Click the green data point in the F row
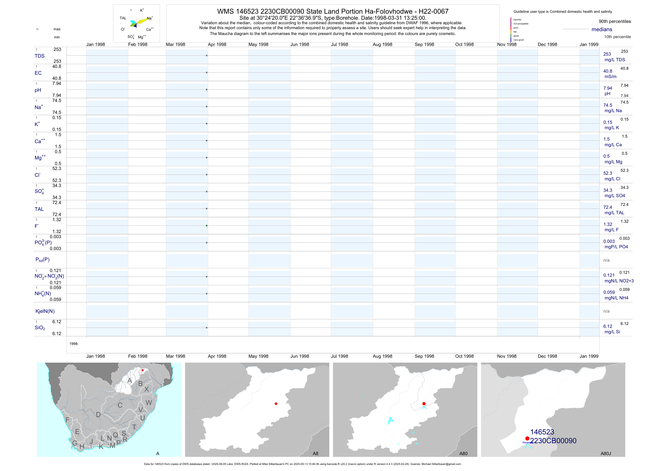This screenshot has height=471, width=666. pos(207,226)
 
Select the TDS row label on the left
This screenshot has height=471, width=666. pos(39,56)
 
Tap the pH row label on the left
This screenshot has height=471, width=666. pos(38,90)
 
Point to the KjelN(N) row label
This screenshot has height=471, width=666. pos(45,311)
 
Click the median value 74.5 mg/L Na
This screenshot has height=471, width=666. pos(608,105)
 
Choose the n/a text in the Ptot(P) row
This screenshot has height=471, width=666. pos(606,260)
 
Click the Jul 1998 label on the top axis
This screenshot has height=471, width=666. pos(339,45)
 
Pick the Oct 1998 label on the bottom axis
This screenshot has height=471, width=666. pos(464,356)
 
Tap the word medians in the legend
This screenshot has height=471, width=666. pos(602,29)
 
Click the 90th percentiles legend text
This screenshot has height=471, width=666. pos(615,22)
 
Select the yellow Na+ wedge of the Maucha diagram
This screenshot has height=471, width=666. pos(143,21)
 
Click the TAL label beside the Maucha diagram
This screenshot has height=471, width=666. pos(123,18)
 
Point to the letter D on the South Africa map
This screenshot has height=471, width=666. pos(98,415)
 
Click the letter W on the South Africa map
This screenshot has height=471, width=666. pos(149,403)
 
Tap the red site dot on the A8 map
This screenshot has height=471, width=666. pos(276,404)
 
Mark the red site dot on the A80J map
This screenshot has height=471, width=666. pos(527,438)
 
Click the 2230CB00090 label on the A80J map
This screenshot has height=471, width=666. pos(553,441)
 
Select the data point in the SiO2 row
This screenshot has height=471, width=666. pos(207,328)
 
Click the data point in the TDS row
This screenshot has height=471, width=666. pos(207,55)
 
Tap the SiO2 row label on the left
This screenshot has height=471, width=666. pos(40,328)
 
